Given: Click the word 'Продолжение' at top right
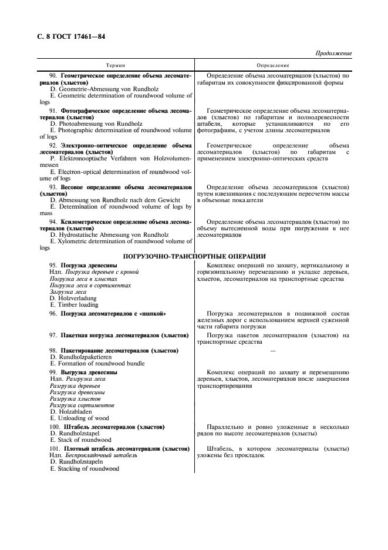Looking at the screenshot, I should coord(333,53).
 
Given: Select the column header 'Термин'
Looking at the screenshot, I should coord(116,65).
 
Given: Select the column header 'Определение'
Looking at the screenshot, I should coord(273,65).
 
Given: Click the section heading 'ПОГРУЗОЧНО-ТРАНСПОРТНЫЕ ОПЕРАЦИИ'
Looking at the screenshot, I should coord(194,256).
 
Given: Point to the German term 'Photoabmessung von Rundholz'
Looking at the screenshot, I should coord(93,124).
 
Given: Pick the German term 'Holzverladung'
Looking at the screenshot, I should coord(73,298).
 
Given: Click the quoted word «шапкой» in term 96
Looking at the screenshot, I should coord(154,314).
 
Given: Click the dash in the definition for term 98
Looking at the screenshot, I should coord(272,351).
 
